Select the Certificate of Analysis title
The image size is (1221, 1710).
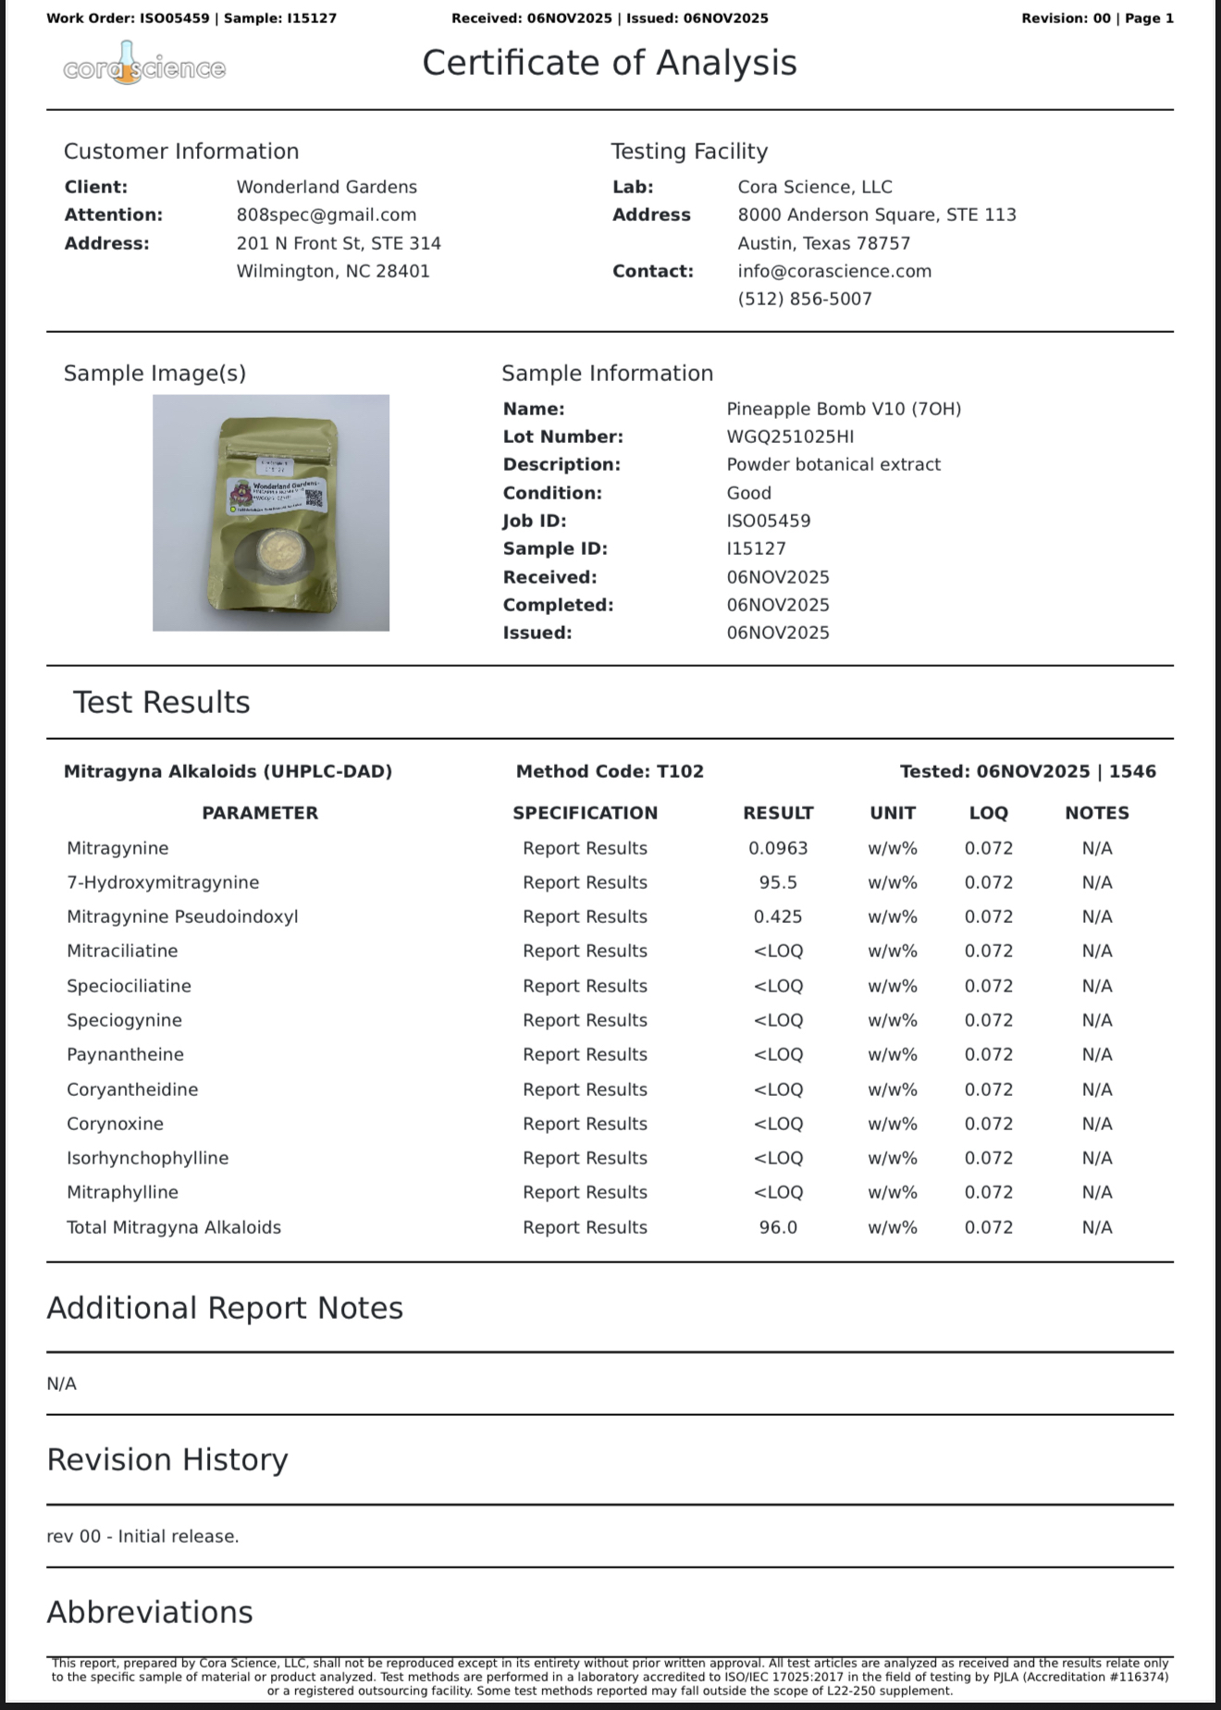click(x=610, y=63)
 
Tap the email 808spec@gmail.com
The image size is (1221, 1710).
click(x=327, y=215)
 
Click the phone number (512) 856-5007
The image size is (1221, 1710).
click(x=805, y=299)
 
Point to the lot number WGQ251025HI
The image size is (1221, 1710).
click(x=790, y=437)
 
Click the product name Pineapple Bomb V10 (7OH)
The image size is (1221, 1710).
click(x=844, y=409)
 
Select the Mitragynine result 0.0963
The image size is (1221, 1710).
click(x=778, y=848)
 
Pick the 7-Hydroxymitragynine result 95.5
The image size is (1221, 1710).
click(x=778, y=882)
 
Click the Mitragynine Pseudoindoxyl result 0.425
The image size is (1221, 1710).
click(x=778, y=917)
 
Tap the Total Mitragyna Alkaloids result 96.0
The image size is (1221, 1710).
click(x=778, y=1227)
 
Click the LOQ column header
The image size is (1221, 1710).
click(x=988, y=813)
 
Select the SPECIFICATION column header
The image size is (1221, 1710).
click(x=585, y=813)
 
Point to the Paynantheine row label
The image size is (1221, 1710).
click(x=125, y=1054)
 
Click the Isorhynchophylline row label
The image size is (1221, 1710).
click(x=147, y=1158)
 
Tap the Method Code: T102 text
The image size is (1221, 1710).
click(x=610, y=771)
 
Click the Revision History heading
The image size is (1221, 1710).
click(x=167, y=1459)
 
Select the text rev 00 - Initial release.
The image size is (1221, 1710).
click(x=142, y=1536)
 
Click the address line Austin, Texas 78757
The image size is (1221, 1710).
click(x=823, y=243)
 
